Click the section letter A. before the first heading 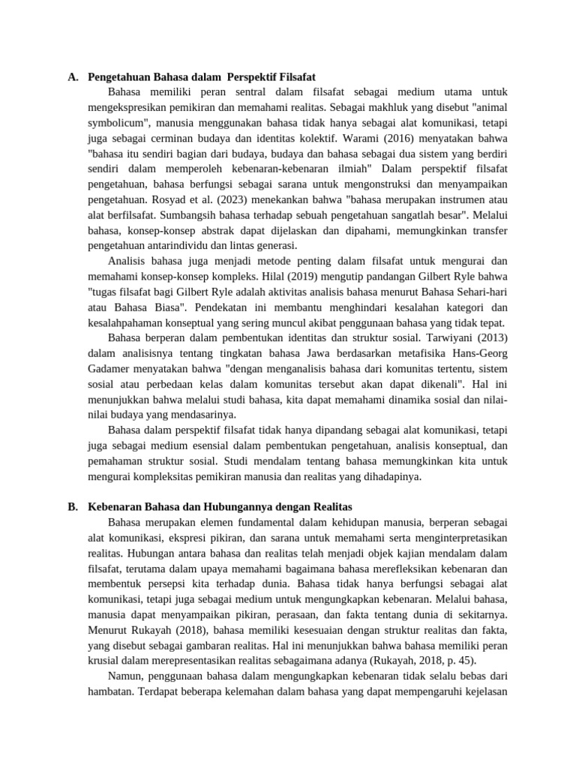[x=72, y=76]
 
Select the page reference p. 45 [x=460, y=660]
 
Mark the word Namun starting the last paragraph [x=127, y=676]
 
